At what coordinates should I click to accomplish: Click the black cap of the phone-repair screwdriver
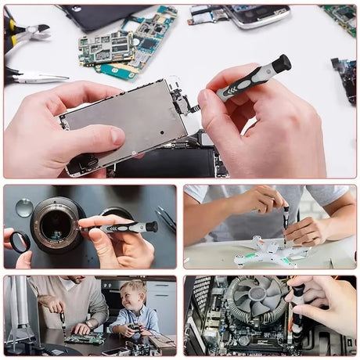point(281,63)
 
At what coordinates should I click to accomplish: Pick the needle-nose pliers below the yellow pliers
point(35,77)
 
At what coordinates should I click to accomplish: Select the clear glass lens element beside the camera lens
point(24,207)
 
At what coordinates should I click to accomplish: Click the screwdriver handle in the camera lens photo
point(125,228)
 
